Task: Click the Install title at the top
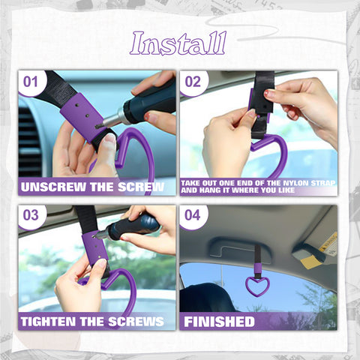[178, 43]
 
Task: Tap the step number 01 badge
[31, 81]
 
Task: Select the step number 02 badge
[193, 81]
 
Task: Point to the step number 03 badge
[31, 215]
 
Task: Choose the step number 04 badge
[193, 215]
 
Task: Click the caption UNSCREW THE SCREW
[92, 186]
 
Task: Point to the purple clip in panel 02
[259, 105]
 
